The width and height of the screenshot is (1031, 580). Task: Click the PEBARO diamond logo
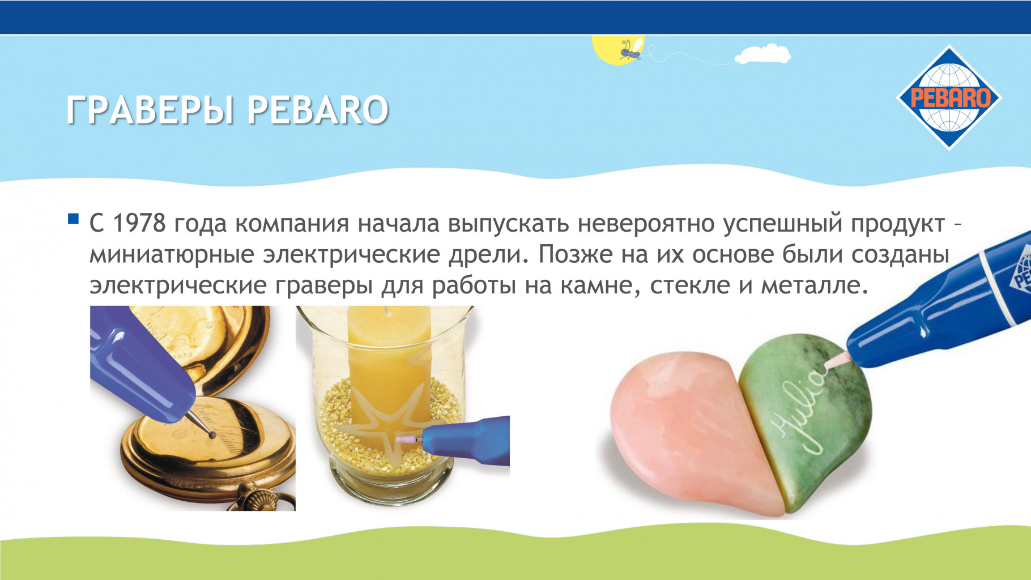(949, 97)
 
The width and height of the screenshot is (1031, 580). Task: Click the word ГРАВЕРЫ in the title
(150, 110)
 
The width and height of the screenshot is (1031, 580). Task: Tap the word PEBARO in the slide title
(318, 110)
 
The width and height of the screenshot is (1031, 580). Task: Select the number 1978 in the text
(139, 223)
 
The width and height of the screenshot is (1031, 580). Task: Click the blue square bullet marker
(73, 219)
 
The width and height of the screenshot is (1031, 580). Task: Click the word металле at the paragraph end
(814, 285)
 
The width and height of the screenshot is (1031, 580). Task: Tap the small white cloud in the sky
(762, 53)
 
